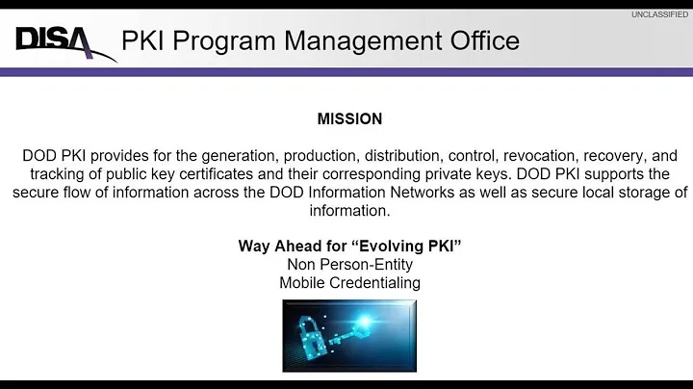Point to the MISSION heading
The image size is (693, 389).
coord(349,119)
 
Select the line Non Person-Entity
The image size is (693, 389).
coord(349,265)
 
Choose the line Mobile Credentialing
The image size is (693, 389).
coord(349,283)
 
